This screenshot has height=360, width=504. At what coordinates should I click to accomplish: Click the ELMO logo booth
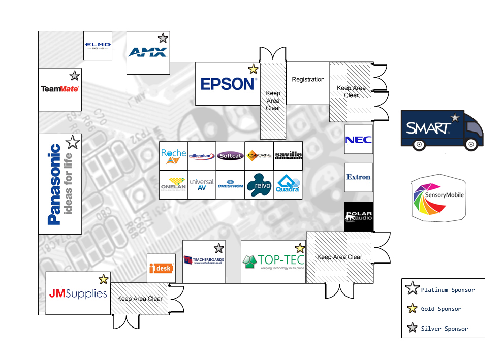click(98, 46)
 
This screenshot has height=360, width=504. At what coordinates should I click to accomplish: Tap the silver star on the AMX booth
click(163, 38)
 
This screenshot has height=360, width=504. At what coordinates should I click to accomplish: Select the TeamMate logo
click(59, 89)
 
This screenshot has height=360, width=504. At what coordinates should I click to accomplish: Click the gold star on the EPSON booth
click(253, 70)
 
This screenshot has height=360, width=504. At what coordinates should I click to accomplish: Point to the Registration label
click(308, 80)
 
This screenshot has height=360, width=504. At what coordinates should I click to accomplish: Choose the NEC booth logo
click(359, 140)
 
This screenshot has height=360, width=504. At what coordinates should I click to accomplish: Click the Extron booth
click(359, 177)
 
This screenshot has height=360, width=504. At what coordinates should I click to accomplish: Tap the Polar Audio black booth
click(359, 217)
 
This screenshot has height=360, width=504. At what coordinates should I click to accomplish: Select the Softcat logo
click(230, 156)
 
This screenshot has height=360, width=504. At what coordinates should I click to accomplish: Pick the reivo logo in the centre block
click(259, 185)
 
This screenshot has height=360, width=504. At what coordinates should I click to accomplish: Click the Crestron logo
click(230, 184)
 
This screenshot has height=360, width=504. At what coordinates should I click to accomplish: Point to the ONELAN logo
click(173, 184)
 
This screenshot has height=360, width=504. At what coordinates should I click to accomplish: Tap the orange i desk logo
click(162, 268)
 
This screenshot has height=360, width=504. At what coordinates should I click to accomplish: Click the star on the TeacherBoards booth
click(218, 248)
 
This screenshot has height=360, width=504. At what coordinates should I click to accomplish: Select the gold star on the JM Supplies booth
click(104, 279)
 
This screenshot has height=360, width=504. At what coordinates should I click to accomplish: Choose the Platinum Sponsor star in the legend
click(412, 290)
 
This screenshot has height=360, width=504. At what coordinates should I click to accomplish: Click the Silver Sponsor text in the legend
click(444, 329)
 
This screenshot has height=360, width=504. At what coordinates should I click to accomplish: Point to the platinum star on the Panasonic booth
click(73, 142)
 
